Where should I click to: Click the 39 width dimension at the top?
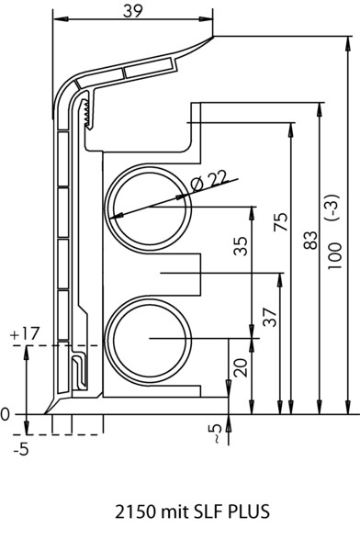point(133,11)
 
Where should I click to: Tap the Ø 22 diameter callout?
point(208,181)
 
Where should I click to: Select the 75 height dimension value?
point(281,221)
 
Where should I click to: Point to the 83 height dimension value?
point(310,241)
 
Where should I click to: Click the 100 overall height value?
point(335,256)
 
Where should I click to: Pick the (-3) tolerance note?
point(334,207)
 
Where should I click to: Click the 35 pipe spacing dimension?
point(241,246)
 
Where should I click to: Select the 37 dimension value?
point(270,318)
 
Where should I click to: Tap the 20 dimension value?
point(241,367)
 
